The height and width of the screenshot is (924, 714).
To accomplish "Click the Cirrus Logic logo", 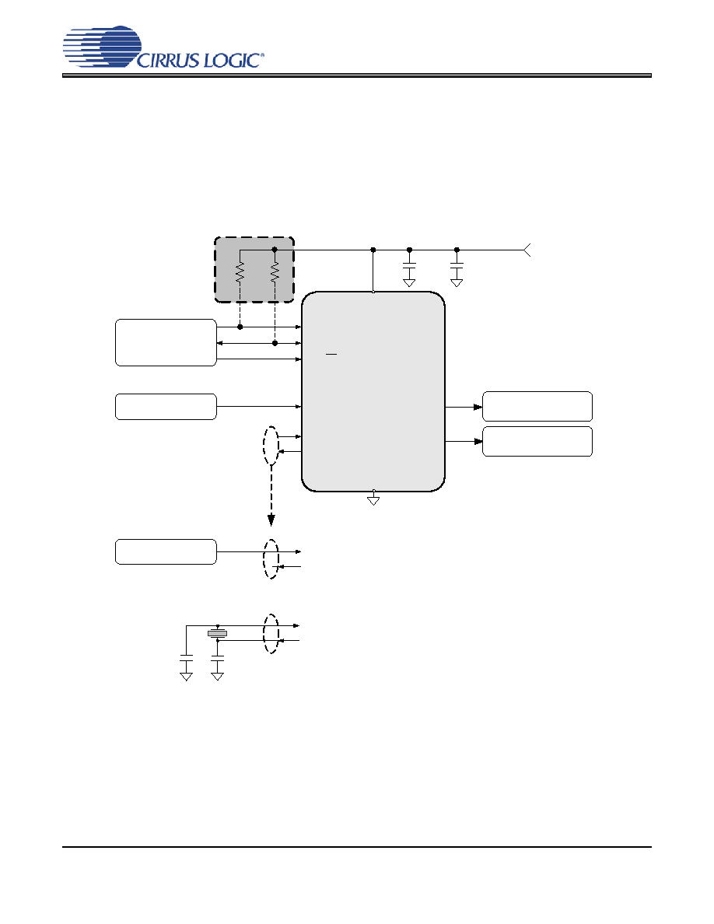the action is coord(163,47).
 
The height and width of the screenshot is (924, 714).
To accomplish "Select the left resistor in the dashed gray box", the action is coord(240,271).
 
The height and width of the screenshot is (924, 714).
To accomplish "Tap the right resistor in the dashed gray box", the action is coord(275,271).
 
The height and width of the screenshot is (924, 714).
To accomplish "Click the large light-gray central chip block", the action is coord(373,391).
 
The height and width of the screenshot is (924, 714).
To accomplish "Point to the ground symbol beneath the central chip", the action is coord(373,500).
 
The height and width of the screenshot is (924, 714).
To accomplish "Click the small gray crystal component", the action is coord(217,633).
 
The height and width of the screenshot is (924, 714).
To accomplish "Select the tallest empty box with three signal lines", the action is coord(166,342).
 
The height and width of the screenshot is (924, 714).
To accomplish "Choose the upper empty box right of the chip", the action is coord(537,406).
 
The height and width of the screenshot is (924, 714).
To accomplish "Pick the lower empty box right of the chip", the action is coord(537,441).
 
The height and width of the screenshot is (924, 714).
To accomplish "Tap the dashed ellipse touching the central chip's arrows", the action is coord(263,446).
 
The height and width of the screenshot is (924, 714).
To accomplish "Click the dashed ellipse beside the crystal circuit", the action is coord(263,633).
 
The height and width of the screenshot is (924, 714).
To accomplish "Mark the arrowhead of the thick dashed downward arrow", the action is coord(271,520).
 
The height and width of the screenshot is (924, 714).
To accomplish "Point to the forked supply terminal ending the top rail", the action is coord(527,250).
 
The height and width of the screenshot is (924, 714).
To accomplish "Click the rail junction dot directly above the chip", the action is coord(373,250).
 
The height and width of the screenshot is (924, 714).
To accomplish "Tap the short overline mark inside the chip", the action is coord(331,355).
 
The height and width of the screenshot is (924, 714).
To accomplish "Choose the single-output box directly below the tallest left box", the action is coord(166,407).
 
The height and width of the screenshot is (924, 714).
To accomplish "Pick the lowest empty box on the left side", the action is coord(166,551).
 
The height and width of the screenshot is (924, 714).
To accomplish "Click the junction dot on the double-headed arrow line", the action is coord(275,343).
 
